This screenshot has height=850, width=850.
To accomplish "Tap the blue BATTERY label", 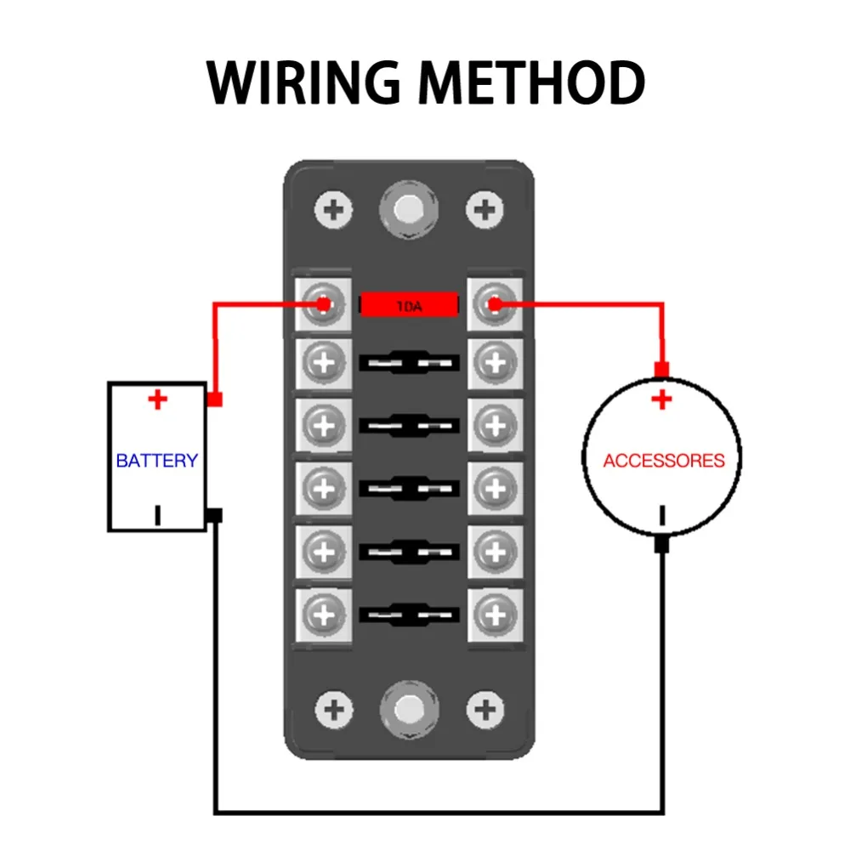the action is click(157, 460).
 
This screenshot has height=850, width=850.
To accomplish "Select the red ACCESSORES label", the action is click(664, 460).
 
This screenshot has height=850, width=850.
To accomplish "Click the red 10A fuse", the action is click(410, 305).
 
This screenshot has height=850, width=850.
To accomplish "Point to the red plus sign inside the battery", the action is click(158, 399).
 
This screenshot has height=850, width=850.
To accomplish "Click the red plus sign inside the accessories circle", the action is click(662, 399).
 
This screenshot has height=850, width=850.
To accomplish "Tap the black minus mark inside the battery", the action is click(158, 515).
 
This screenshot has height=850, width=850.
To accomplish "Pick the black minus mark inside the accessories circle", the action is click(662, 515).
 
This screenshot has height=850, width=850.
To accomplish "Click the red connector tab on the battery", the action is click(215, 399).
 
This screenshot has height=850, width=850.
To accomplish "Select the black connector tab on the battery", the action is click(215, 515).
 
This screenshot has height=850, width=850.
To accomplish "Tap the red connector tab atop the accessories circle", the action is click(662, 370).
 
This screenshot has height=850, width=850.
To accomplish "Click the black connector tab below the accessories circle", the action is click(662, 544).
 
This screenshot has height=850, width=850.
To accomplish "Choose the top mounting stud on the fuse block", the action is click(409, 209).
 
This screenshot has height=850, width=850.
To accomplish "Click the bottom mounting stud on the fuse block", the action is click(410, 709).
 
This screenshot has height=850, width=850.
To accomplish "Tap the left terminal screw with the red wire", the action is click(323, 304).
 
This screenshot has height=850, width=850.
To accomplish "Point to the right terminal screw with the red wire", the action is click(495, 304).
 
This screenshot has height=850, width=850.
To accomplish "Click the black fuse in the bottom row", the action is click(410, 615).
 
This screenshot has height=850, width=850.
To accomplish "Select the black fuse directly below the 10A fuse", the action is click(410, 362).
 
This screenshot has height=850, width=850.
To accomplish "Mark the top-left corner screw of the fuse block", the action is click(333, 210).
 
